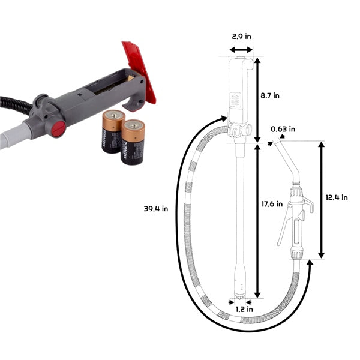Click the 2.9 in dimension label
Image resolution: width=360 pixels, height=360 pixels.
[241, 36]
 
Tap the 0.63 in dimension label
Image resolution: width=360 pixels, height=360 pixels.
[283, 129]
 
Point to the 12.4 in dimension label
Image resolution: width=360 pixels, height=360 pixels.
[337, 198]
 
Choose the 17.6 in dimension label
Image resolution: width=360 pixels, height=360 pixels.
[274, 204]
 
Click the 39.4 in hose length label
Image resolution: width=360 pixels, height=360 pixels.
[156, 209]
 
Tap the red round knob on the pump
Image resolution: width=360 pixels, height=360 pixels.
[58, 128]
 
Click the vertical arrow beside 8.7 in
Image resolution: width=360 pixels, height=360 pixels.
[257, 96]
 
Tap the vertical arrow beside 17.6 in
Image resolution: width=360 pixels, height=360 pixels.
[257, 220]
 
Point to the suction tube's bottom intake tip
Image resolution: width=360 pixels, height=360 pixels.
[240, 295]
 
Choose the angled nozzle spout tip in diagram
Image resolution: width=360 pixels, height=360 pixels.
[277, 145]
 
